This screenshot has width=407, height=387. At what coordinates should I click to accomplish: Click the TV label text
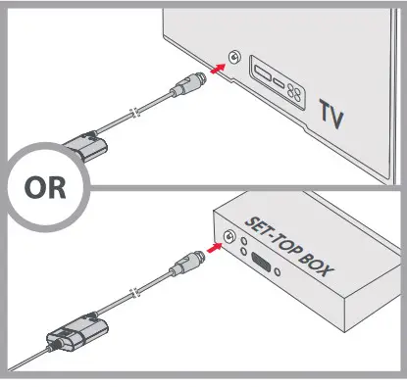coord(331,115)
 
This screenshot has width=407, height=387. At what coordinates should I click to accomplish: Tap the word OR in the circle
coord(45,187)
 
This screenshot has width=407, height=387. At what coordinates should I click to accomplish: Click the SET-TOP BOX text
coord(289,247)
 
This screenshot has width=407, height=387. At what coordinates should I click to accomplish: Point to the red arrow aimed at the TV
coord(218,69)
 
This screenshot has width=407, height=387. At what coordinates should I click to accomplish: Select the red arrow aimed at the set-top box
coord(215,247)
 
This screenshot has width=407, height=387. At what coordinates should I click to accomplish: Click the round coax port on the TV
coord(234,57)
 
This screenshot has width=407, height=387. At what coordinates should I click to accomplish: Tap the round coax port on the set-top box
coord(229,236)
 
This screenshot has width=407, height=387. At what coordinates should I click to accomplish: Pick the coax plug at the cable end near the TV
coord(188,84)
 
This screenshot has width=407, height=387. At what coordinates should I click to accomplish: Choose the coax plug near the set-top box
coord(186,264)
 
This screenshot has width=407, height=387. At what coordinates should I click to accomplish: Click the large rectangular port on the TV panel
coord(262,74)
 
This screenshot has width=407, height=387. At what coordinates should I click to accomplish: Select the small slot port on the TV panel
coord(279,83)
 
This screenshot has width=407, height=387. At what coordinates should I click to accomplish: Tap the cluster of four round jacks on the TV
coord(294,91)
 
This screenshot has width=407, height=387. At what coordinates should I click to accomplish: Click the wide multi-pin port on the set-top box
coord(261,263)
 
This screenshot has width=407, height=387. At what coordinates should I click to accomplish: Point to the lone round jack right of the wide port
coord(278,271)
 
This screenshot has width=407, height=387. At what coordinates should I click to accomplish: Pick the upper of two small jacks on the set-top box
coord(244,241)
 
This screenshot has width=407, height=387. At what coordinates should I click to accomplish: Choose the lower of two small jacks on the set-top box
coord(243,252)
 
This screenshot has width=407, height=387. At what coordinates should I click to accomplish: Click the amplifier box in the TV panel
coord(85,146)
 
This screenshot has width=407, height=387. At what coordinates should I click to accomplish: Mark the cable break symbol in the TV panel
coord(135,113)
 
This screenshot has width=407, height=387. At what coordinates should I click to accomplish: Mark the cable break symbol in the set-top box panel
coord(135,293)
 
